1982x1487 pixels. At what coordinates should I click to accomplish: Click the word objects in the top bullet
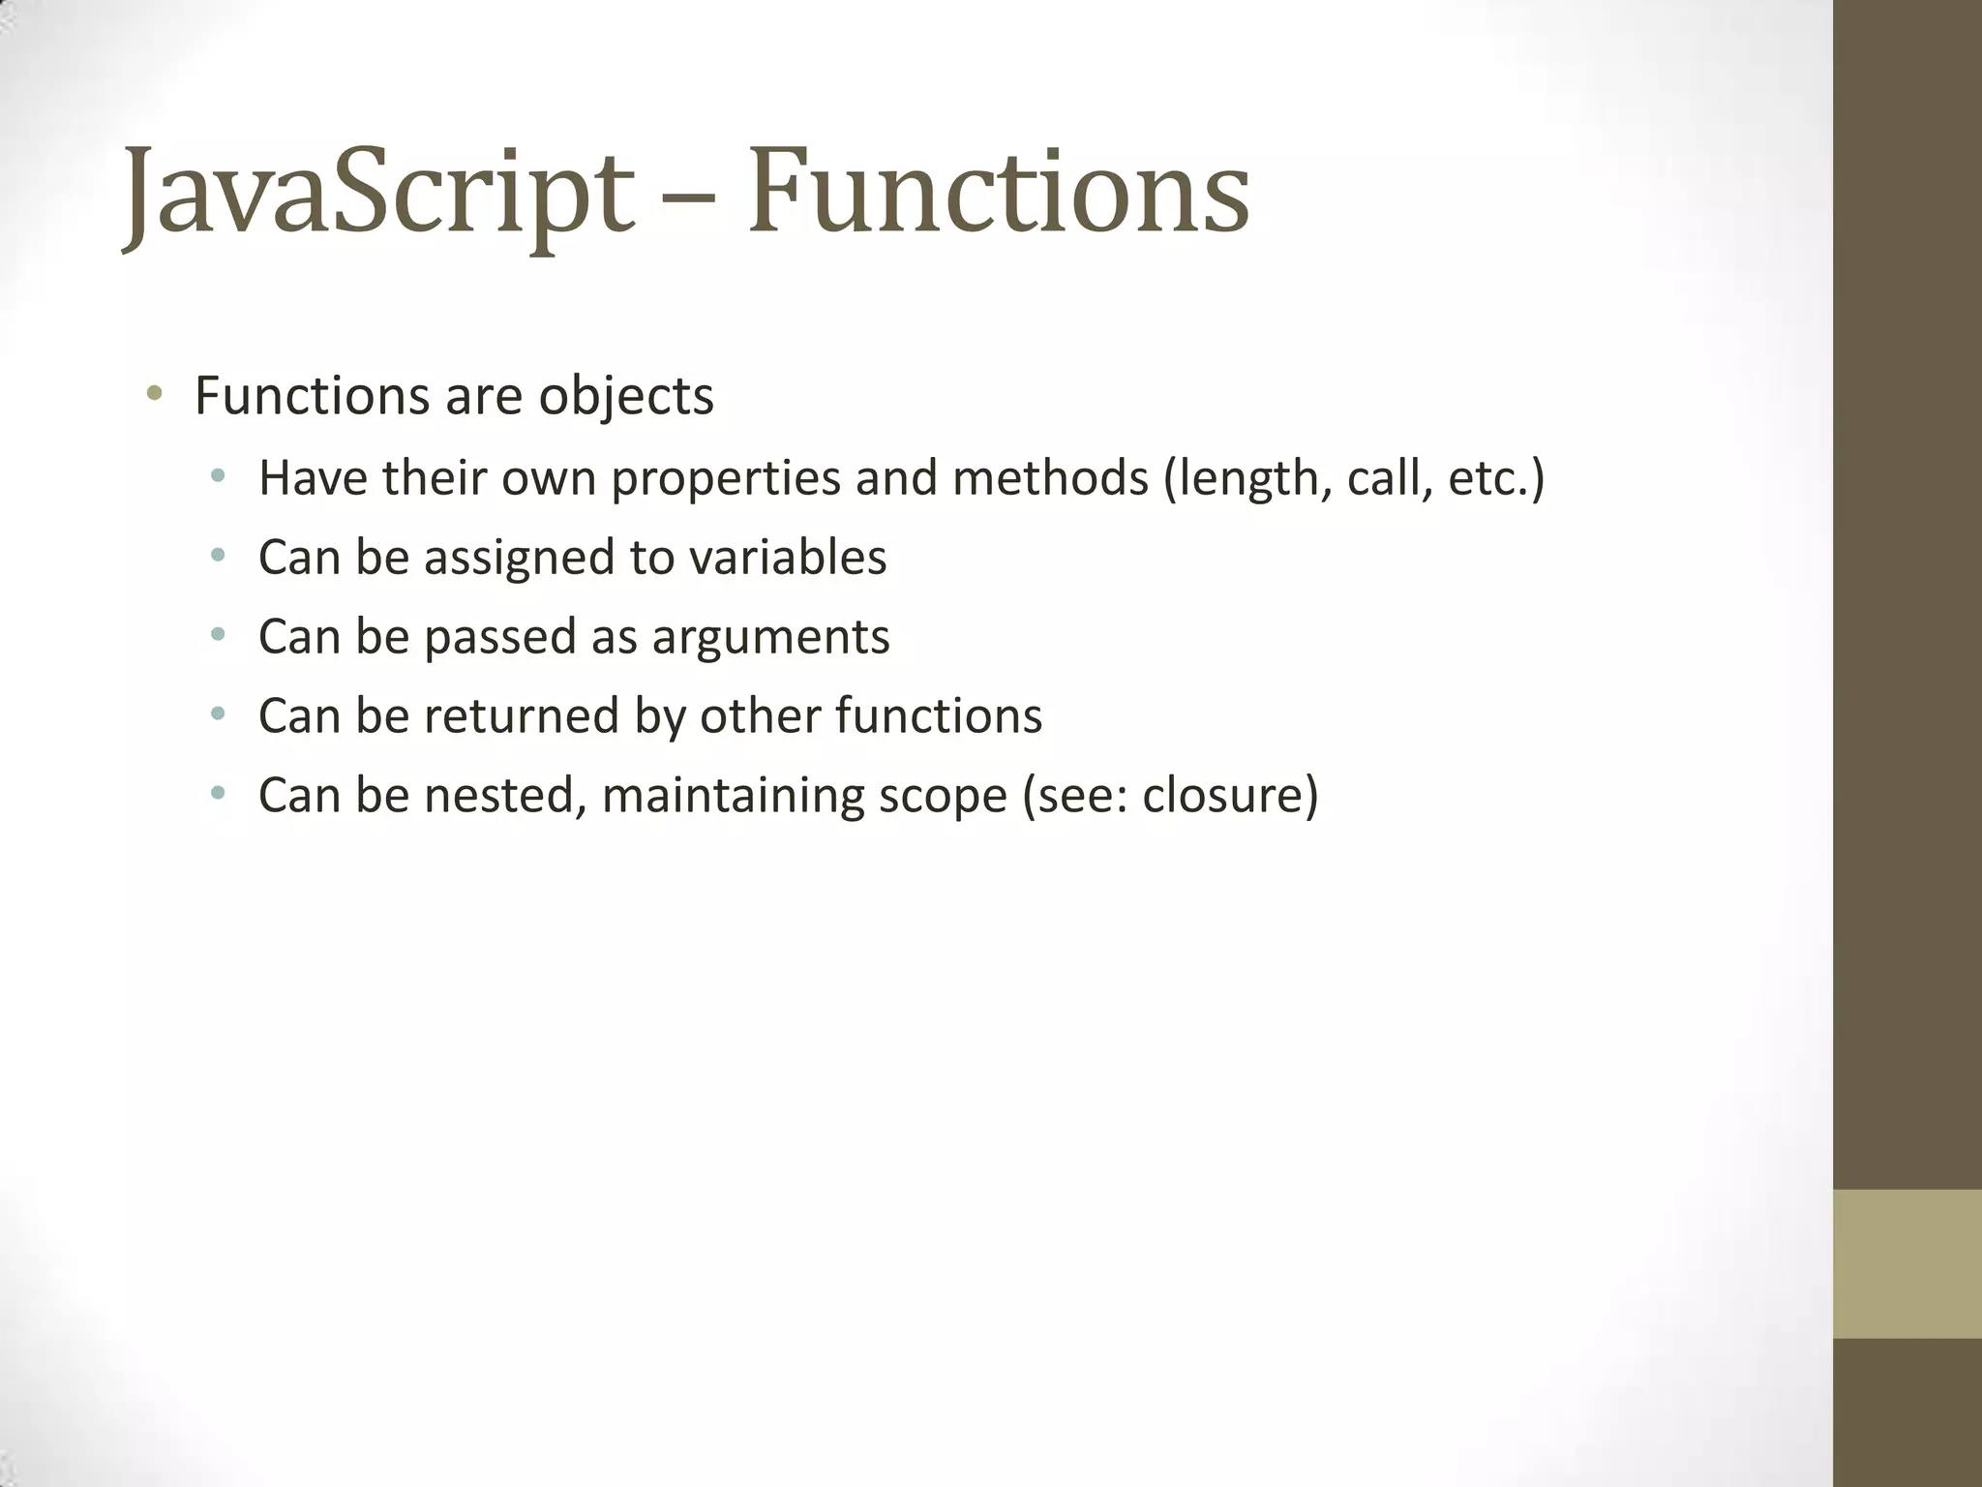click(x=625, y=397)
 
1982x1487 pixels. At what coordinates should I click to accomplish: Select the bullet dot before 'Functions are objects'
click(x=154, y=394)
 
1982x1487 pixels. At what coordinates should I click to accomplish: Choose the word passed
click(x=499, y=638)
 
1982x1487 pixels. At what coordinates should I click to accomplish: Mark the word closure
click(x=1222, y=796)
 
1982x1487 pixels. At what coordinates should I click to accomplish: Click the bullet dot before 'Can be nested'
click(x=219, y=795)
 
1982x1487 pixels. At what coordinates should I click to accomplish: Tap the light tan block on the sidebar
click(x=1907, y=1263)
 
